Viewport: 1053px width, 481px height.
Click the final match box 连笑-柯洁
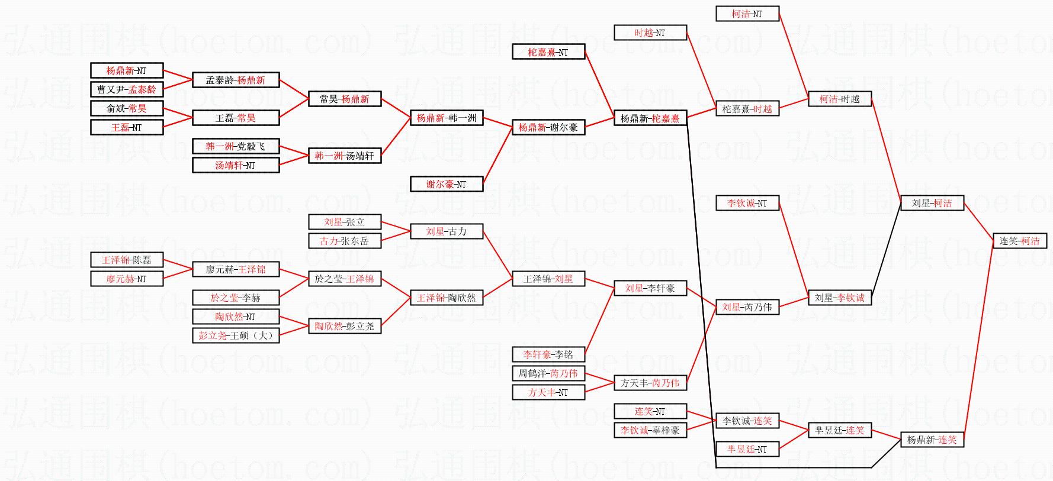tap(1019, 241)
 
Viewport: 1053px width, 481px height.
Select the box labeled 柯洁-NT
tap(747, 14)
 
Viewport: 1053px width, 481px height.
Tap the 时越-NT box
tap(650, 33)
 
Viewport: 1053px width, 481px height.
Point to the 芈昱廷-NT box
tap(747, 449)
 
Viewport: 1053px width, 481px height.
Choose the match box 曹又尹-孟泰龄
tap(127, 89)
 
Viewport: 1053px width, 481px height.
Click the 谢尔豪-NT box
tap(447, 184)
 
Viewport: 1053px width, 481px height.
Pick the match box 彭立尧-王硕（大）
tap(236, 335)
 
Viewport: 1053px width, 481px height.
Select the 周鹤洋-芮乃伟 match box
tap(548, 373)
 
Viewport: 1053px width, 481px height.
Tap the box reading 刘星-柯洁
tap(932, 203)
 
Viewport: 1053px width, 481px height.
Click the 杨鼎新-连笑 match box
tap(932, 440)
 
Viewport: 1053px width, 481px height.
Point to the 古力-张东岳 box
tap(345, 241)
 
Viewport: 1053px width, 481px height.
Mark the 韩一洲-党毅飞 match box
tap(236, 146)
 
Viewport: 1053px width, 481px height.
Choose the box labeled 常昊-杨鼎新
tap(345, 99)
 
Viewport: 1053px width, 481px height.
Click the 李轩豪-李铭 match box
tap(548, 354)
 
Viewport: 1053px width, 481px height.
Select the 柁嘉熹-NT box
tap(548, 52)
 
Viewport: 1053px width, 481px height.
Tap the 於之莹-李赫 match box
tap(236, 298)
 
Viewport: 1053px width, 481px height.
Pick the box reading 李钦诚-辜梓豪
tap(650, 430)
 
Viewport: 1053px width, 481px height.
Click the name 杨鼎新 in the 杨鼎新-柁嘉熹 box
tap(634, 118)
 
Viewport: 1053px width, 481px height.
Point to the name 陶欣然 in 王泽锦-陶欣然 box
tap(463, 298)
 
